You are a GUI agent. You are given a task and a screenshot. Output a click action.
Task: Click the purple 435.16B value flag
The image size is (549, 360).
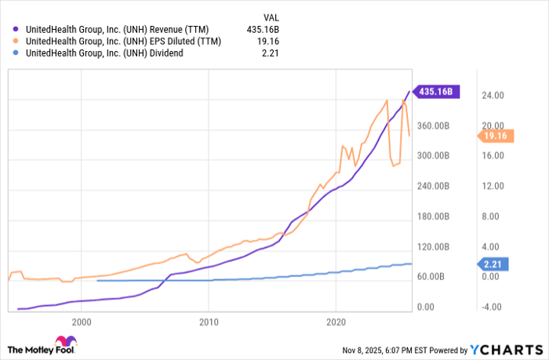[435, 92]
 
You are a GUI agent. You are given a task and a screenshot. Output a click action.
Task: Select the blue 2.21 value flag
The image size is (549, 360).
[496, 264]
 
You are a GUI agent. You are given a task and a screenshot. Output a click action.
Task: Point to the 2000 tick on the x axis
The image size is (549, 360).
[81, 322]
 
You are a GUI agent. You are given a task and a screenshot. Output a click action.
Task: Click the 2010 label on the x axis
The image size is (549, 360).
[208, 322]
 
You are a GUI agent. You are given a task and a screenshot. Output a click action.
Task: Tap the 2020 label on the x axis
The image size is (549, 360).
[336, 322]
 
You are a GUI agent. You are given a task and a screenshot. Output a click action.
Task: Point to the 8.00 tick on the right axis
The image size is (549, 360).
[492, 216]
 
